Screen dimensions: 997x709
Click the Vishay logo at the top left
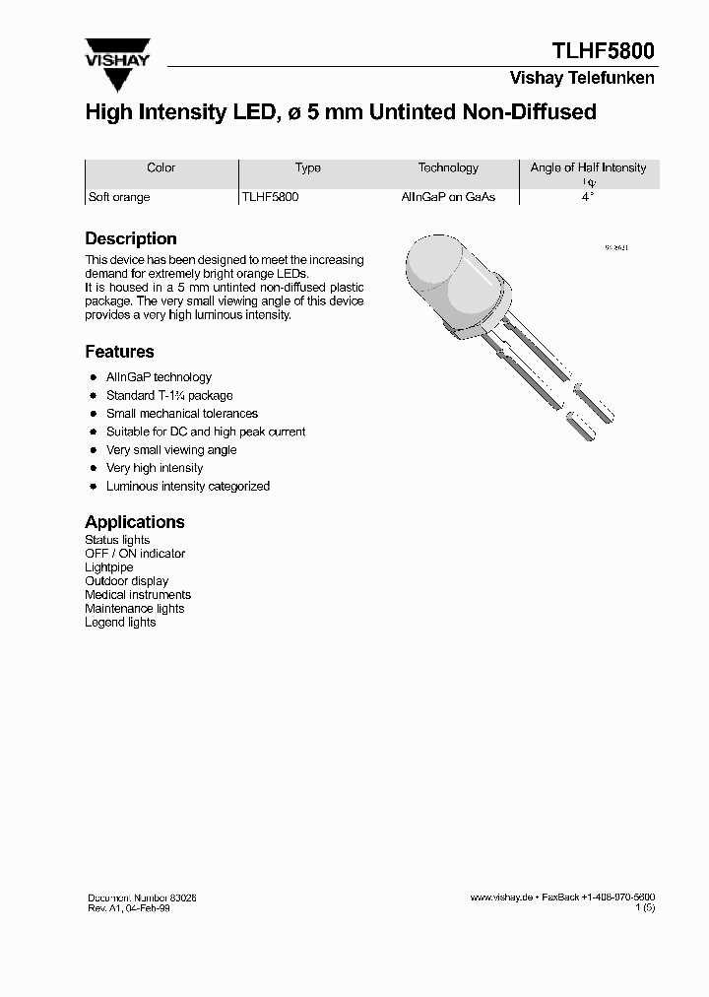[x=116, y=55]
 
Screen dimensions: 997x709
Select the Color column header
[x=161, y=167]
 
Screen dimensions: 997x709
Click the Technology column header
[x=448, y=167]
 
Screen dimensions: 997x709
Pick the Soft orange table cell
[x=119, y=197]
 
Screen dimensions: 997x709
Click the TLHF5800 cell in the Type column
[x=271, y=197]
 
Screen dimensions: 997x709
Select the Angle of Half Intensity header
[x=588, y=168]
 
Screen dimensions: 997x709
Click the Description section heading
[x=131, y=238]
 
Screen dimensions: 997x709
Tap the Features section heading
[x=119, y=352]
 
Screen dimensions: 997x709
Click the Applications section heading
[x=135, y=522]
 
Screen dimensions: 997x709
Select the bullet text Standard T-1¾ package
[x=169, y=395]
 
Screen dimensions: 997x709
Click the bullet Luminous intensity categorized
[x=187, y=486]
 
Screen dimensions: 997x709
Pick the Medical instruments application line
[x=138, y=595]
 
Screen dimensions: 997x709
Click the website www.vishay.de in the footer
[x=501, y=897]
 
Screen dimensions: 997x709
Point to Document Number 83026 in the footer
[x=149, y=897]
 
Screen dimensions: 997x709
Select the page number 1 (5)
[x=645, y=908]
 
